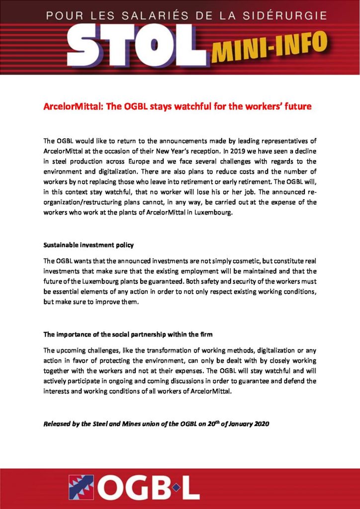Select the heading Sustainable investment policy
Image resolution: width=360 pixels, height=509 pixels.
point(89,246)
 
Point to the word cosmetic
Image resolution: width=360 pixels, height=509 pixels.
point(239,261)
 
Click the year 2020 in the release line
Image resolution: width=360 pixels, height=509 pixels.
point(258,425)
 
